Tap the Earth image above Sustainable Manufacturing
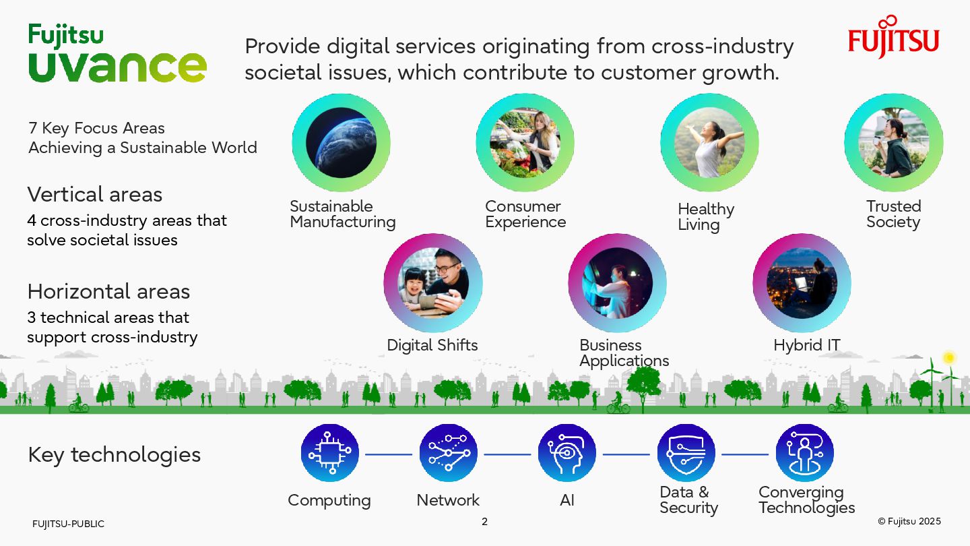(x=341, y=143)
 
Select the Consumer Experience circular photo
(x=525, y=143)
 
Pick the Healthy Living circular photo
(x=709, y=143)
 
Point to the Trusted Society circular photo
(x=893, y=143)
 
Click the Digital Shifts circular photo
(x=433, y=283)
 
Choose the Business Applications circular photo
(x=617, y=283)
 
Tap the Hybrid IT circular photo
(x=802, y=283)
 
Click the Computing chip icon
(x=329, y=453)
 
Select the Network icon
(x=448, y=453)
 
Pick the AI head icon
(x=567, y=453)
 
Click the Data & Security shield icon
(x=686, y=453)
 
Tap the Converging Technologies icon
(x=804, y=453)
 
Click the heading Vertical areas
(x=95, y=195)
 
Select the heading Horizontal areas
(x=108, y=292)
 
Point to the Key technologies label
(x=115, y=455)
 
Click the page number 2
(x=484, y=522)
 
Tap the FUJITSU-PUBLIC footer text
(x=68, y=524)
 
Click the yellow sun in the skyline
(x=949, y=357)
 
